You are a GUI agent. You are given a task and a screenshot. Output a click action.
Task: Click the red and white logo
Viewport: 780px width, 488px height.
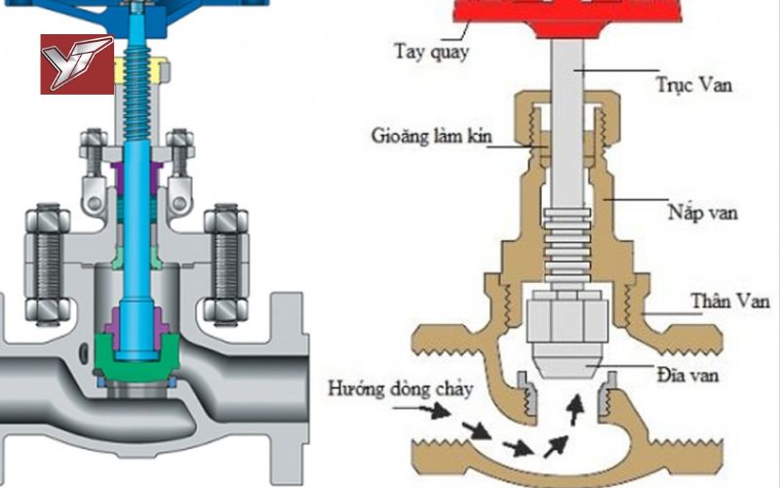pyautogui.click(x=76, y=63)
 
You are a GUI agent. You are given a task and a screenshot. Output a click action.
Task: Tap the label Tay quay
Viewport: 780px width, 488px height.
pyautogui.click(x=430, y=50)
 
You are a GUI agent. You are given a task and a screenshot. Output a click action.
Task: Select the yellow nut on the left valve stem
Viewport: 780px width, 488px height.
pyautogui.click(x=142, y=69)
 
